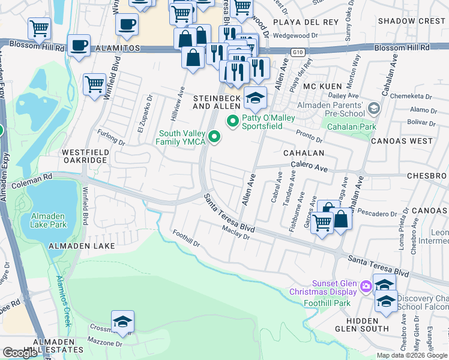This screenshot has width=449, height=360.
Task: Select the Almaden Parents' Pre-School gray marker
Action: [375, 109]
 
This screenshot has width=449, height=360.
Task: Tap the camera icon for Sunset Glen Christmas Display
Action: [366, 288]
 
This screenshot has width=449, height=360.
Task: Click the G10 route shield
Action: [297, 53]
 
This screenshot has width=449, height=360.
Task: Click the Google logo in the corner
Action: [20, 353]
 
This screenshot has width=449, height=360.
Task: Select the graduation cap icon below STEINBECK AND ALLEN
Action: [256, 98]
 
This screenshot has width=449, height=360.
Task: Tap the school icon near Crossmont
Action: [122, 322]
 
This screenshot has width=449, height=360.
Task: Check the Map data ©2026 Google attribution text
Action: [411, 355]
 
